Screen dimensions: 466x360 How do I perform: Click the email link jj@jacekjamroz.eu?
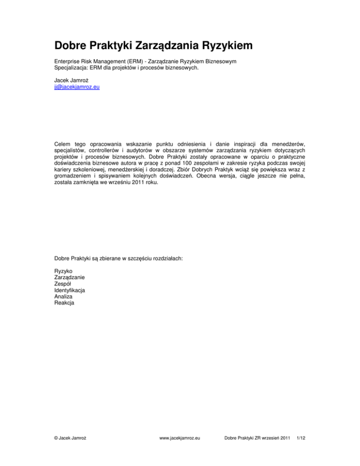point(77,87)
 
